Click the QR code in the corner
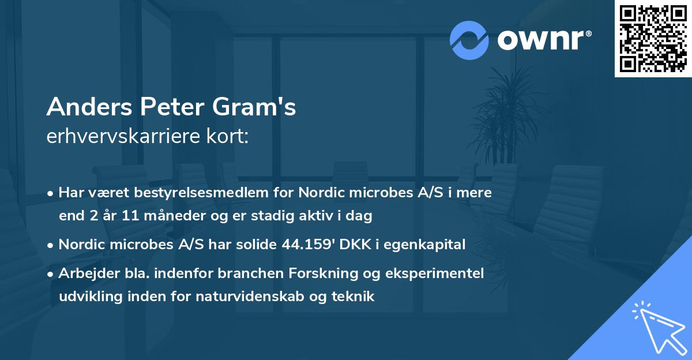pos(653,38)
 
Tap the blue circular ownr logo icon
pos(469,40)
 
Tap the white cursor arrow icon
pos(657,327)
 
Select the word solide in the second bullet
pos(259,244)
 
